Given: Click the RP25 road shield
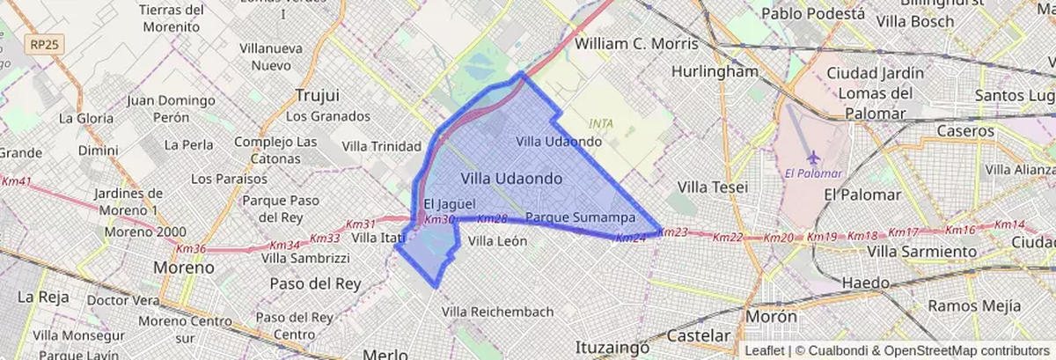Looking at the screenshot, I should (40, 45).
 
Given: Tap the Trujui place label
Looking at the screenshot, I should (318, 94).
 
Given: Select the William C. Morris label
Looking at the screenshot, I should (635, 43).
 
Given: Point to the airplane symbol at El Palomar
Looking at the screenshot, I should (812, 156).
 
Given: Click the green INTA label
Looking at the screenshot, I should (602, 123).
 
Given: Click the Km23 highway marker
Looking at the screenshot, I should (672, 232).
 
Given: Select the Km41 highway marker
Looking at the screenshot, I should (17, 182).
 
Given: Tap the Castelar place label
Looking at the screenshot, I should (700, 336).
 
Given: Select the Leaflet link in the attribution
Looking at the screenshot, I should (765, 350).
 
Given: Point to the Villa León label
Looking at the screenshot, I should (498, 240).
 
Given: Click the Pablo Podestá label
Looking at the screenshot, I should (812, 13).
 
